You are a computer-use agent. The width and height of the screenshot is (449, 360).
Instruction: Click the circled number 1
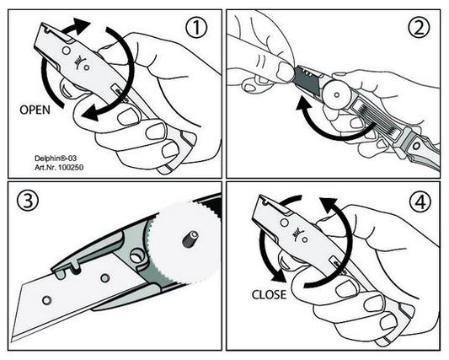click(x=196, y=28)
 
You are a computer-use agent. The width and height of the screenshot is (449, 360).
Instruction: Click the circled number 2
click(x=419, y=28)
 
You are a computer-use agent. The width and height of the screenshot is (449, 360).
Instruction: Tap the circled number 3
click(x=28, y=200)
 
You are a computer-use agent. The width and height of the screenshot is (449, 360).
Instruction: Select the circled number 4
click(x=420, y=201)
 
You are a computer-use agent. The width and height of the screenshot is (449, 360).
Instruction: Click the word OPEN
click(x=35, y=110)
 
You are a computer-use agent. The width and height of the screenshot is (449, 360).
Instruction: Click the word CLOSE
click(x=269, y=294)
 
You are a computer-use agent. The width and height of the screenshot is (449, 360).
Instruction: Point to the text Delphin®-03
click(x=56, y=159)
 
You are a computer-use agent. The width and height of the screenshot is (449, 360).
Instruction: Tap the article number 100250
click(x=71, y=167)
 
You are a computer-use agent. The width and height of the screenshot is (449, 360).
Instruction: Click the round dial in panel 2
click(x=337, y=94)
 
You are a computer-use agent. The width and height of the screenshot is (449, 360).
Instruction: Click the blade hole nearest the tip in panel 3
click(x=46, y=300)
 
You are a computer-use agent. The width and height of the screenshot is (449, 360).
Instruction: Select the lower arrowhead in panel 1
click(x=90, y=113)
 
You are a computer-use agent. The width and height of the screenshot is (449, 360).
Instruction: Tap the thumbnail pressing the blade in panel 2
click(x=286, y=72)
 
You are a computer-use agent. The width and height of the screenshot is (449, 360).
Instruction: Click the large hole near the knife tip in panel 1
click(x=67, y=51)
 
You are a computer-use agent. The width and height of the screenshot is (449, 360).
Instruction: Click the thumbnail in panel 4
click(x=345, y=289)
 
